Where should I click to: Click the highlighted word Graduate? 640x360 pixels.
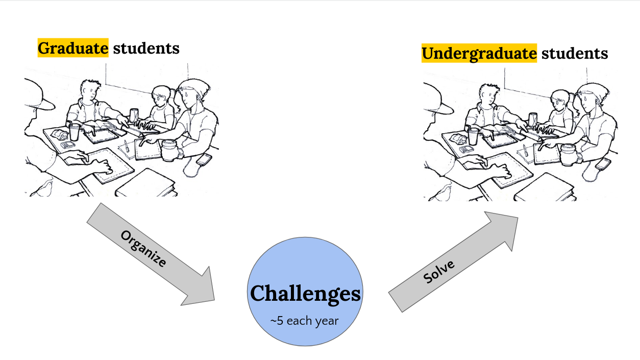73,48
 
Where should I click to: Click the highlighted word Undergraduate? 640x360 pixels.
479,53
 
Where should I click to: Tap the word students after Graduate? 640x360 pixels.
146,48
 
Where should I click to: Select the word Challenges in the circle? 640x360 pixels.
305,294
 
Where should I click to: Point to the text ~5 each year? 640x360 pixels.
305,321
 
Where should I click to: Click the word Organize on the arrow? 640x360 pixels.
143,249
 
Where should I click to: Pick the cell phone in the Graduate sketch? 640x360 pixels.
204,159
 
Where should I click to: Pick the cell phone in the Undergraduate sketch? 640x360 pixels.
604,164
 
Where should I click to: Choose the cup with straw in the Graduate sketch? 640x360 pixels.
75,131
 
